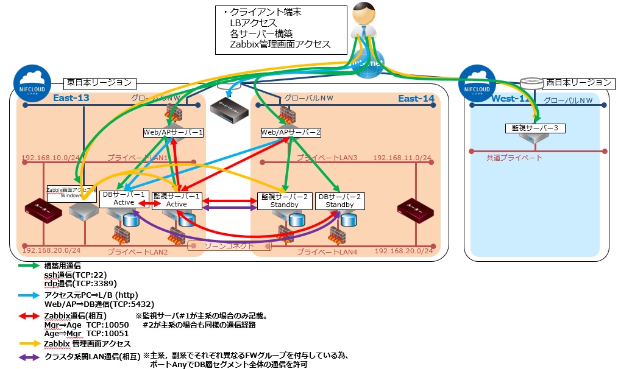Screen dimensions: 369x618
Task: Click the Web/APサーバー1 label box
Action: (x=173, y=132)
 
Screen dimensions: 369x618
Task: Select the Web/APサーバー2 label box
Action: (x=290, y=132)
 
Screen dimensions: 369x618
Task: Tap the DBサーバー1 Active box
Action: (x=124, y=199)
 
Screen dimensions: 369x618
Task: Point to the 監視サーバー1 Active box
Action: (x=177, y=200)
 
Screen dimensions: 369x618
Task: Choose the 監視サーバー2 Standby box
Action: (x=285, y=201)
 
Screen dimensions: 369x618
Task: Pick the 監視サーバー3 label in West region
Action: (x=535, y=128)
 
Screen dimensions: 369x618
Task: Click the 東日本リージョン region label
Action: (x=100, y=82)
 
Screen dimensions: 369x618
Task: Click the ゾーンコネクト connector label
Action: (x=229, y=246)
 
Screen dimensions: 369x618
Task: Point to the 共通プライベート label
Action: (x=514, y=158)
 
